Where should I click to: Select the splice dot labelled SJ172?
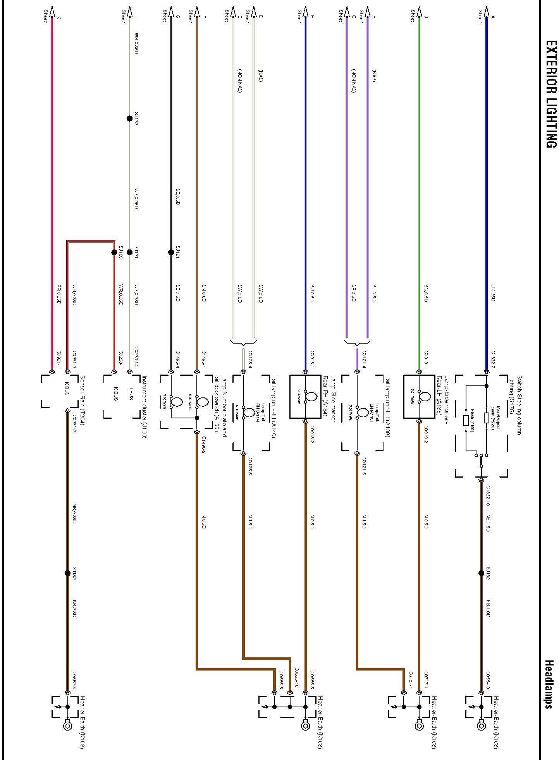(130, 119)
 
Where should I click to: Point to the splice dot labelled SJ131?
(130, 252)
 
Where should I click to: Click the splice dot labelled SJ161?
(171, 252)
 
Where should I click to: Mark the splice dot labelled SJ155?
(114, 252)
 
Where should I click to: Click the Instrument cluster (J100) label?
(144, 407)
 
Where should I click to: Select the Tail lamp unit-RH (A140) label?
(273, 407)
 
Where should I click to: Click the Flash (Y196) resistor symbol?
(466, 421)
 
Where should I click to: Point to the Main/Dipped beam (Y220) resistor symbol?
(487, 418)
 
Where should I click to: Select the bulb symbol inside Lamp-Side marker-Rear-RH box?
(311, 396)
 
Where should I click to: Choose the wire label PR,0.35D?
(59, 294)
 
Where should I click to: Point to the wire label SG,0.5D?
(426, 293)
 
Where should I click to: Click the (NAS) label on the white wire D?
(260, 75)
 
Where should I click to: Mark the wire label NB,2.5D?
(74, 609)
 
